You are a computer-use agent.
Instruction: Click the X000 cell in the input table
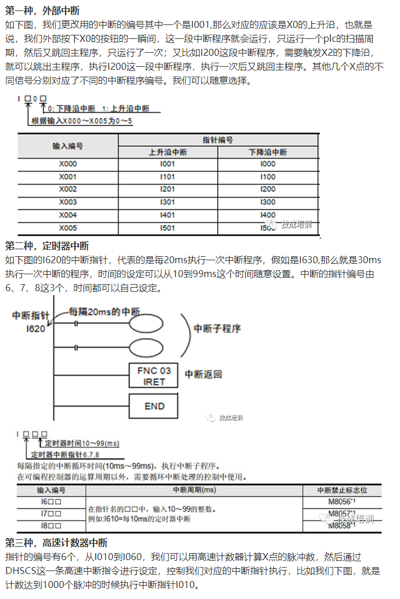coord(67,164)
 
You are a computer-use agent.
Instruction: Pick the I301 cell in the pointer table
coord(167,202)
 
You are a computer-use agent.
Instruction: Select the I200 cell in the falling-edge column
coord(268,189)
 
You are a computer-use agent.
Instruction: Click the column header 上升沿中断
coord(167,152)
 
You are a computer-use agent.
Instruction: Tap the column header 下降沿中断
coord(268,152)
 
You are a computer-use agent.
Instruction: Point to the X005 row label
coord(67,228)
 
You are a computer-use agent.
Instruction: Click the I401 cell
coord(167,215)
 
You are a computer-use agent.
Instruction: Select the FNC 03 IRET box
coord(154,376)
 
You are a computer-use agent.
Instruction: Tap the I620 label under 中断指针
coord(35,328)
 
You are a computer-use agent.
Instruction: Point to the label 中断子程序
coord(217,329)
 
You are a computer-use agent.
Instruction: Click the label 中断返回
coord(203,374)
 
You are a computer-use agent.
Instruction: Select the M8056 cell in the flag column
coord(342,501)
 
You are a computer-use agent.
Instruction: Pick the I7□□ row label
coord(51,514)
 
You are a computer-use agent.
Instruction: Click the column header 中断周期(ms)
coord(194,490)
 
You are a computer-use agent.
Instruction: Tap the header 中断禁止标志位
coord(342,490)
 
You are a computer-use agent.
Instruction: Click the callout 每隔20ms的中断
coord(104,311)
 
